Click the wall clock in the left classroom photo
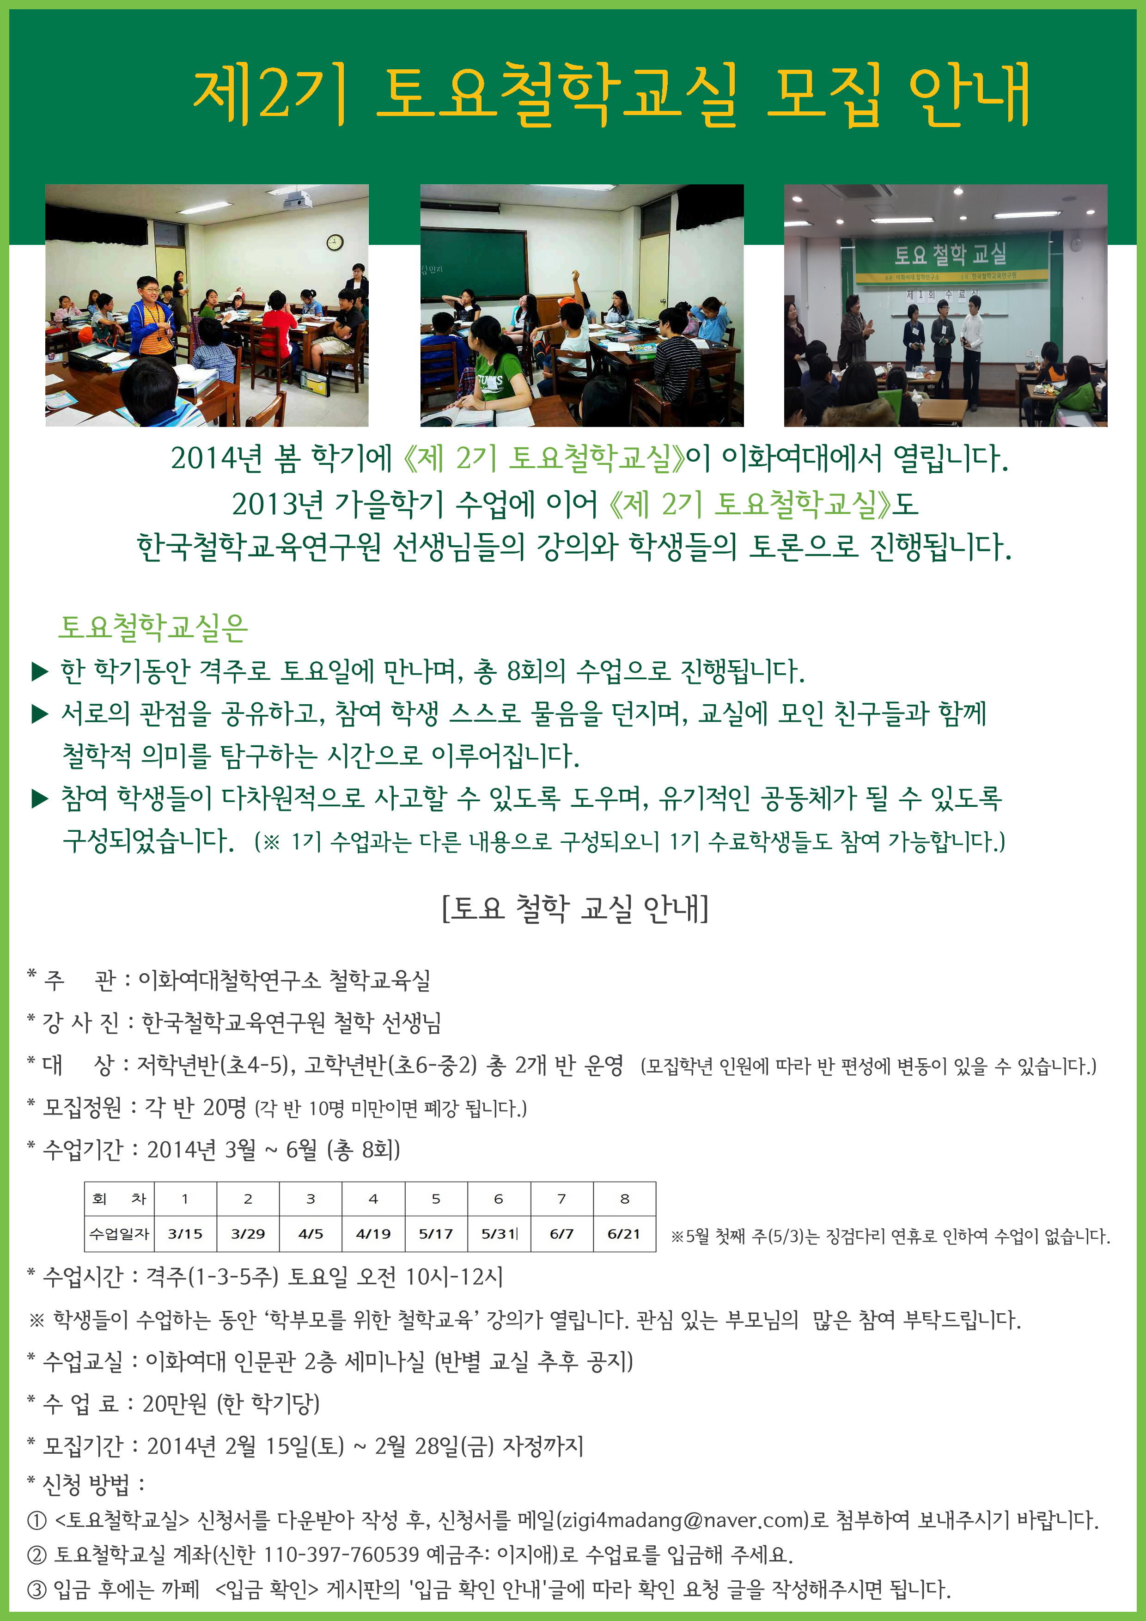tap(335, 243)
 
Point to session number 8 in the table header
tap(624, 1199)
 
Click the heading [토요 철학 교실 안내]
tap(575, 908)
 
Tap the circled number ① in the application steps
tap(37, 1520)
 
